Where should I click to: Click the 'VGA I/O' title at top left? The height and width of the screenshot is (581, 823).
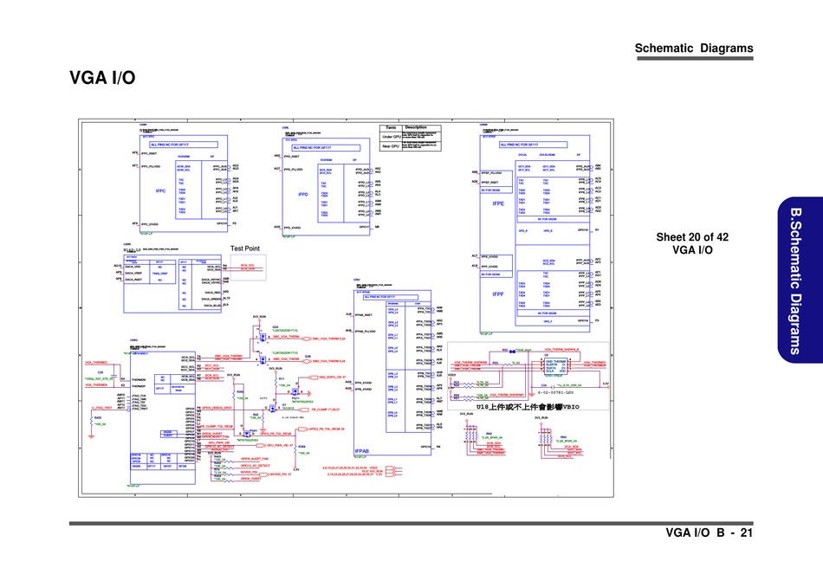coord(102,79)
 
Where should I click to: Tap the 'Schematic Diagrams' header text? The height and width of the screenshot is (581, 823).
coord(693,48)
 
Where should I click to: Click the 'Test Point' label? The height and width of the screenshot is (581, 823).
coord(245,249)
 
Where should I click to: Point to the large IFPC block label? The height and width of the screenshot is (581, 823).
coord(160,190)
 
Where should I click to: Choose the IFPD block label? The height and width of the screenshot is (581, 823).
coord(302,194)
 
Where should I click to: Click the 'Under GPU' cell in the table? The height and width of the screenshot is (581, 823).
coord(391,137)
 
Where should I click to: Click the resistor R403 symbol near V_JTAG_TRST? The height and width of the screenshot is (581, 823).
coord(92,419)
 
